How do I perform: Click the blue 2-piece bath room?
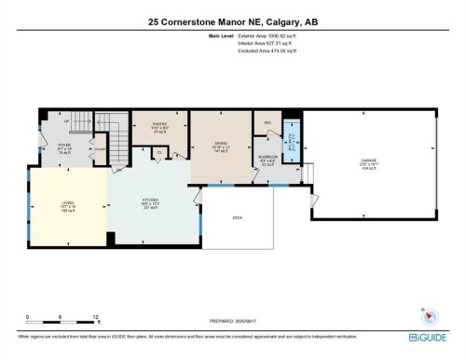coord(292,146)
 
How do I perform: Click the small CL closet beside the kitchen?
coord(159,151)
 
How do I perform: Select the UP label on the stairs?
coord(65,121)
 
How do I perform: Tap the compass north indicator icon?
coord(427,312)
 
